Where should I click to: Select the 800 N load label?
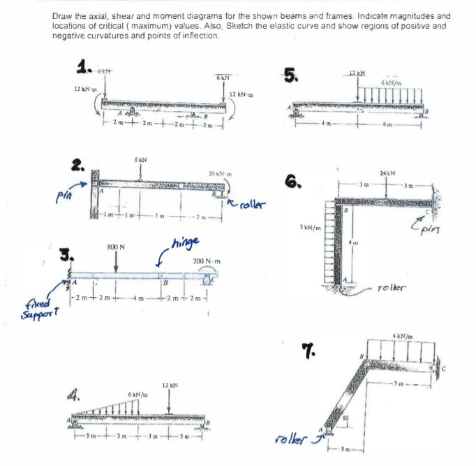click(116, 247)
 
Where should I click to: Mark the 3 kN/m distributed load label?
click(309, 228)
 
